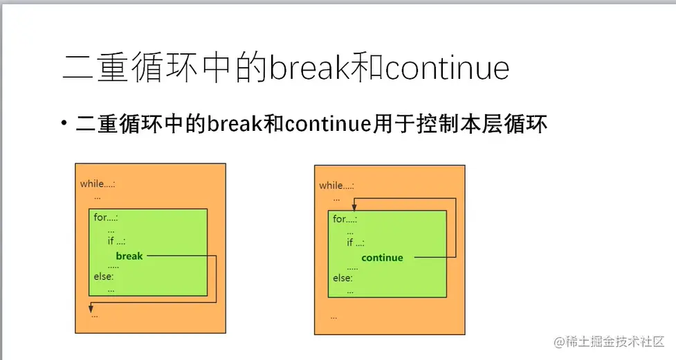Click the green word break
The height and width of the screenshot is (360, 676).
click(x=129, y=256)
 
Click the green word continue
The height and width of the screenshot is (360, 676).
click(x=382, y=258)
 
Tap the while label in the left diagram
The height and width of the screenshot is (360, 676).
click(x=98, y=183)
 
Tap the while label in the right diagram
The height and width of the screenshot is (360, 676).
click(x=337, y=186)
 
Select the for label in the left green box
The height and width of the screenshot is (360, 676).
click(x=106, y=217)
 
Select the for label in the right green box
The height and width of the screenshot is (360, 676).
click(x=345, y=219)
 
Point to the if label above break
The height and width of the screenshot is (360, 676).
click(x=116, y=241)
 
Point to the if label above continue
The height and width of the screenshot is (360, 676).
click(x=356, y=243)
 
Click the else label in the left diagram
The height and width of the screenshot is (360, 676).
click(x=104, y=276)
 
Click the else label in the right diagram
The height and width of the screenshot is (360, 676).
click(x=342, y=278)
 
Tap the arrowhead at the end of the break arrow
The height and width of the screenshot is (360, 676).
click(x=91, y=308)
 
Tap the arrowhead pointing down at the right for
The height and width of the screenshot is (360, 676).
click(x=354, y=207)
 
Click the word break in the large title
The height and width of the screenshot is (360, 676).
click(x=309, y=68)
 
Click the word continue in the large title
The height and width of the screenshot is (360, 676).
click(x=447, y=68)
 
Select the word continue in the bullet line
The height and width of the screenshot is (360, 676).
click(x=328, y=124)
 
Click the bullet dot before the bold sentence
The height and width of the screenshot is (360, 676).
click(x=64, y=123)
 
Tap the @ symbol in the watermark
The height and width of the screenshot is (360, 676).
click(x=560, y=342)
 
